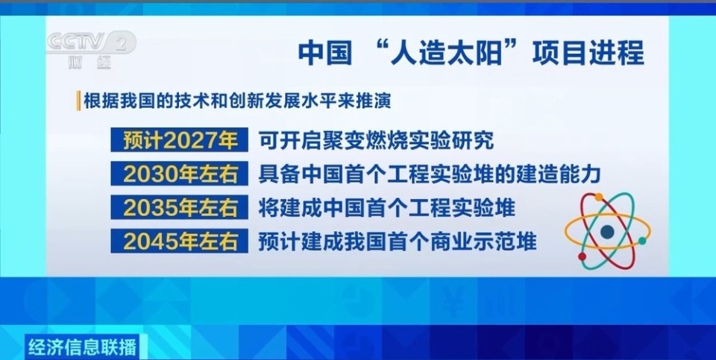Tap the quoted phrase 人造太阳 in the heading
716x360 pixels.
(x=441, y=53)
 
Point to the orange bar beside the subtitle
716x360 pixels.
(x=78, y=100)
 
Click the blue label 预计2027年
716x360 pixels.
(x=180, y=139)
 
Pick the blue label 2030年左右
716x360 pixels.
(x=180, y=174)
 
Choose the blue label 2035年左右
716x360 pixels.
(x=180, y=207)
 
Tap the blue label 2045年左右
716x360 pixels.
(x=180, y=241)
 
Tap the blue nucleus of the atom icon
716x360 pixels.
(x=608, y=232)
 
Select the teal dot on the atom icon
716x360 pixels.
(x=642, y=241)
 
